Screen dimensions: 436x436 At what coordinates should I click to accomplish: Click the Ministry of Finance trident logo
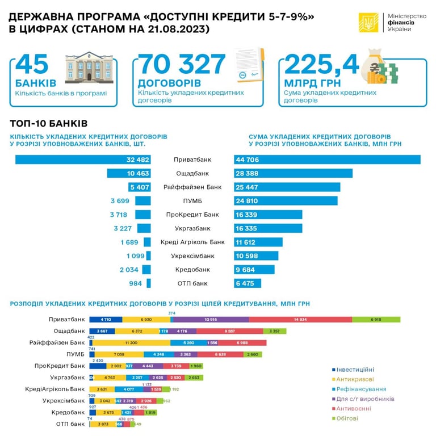(367, 23)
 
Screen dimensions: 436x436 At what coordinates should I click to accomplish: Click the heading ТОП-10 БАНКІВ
(49, 123)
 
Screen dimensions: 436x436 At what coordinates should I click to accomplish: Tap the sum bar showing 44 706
(327, 160)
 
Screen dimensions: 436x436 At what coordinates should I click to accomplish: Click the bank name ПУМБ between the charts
(193, 201)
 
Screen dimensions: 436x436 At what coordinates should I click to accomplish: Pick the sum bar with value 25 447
(287, 187)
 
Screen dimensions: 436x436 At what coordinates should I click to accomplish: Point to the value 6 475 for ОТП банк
(248, 283)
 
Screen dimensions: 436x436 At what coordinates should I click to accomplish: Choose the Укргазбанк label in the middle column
(192, 228)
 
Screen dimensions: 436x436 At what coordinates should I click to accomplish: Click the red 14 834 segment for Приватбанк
(300, 320)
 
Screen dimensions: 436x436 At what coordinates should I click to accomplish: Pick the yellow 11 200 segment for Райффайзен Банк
(131, 342)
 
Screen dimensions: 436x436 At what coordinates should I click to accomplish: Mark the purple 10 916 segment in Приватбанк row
(211, 320)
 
